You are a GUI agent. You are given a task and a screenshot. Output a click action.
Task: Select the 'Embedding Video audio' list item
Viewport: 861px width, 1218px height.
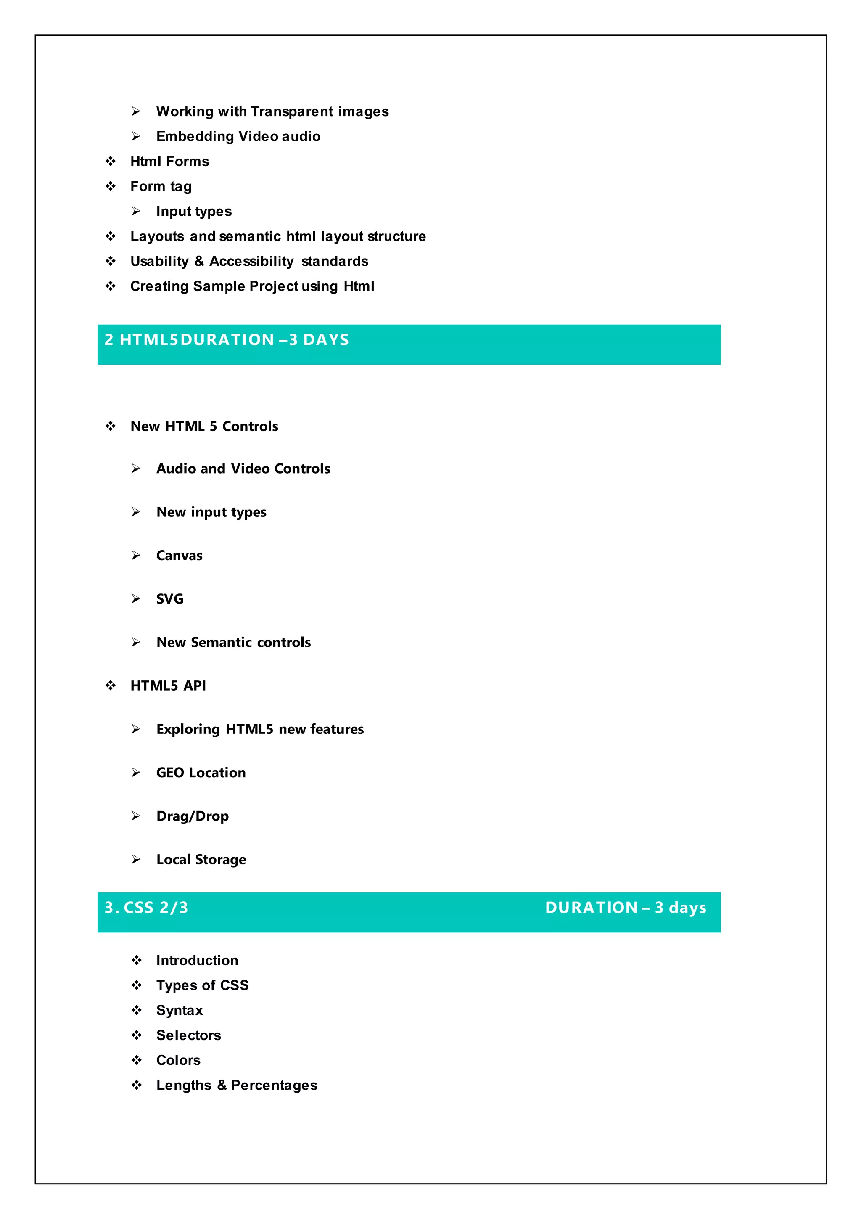238,136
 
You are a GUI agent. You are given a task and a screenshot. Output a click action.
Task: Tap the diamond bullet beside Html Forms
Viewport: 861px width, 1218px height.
110,161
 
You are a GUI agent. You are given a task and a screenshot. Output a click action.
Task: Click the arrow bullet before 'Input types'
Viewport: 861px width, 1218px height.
136,211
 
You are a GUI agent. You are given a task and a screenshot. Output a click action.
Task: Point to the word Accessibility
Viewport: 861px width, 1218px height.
251,261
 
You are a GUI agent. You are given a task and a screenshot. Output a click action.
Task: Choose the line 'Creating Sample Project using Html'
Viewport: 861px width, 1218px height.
252,286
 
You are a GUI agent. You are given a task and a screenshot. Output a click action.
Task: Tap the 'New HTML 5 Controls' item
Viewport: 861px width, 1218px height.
204,426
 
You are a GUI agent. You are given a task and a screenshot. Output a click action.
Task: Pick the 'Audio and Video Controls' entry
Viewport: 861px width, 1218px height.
243,469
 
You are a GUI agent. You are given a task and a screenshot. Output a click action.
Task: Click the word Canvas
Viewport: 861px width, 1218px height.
179,556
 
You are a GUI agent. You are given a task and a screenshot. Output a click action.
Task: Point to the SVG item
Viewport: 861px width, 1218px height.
170,599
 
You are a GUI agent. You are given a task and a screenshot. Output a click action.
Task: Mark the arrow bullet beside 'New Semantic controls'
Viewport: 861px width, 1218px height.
136,642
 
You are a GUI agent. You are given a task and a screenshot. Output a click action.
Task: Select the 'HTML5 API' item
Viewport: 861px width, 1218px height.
168,686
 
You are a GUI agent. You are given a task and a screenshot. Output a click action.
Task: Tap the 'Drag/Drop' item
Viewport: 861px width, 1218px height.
193,816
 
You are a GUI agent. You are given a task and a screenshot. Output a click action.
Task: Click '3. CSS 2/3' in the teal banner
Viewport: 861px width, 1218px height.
146,908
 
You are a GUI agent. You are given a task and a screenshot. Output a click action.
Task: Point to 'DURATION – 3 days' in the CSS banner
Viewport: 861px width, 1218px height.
626,908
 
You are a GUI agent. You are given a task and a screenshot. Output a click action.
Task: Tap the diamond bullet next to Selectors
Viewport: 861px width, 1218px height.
136,1035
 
